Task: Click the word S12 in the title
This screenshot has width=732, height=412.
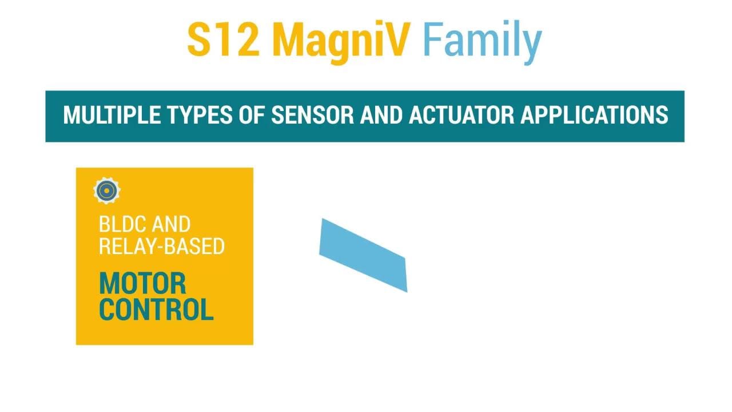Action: click(224, 39)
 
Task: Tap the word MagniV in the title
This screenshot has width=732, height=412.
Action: click(341, 42)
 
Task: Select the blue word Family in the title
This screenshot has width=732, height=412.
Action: click(482, 42)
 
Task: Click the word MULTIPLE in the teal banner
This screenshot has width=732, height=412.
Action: click(112, 115)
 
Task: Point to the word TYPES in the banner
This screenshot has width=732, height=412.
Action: click(200, 115)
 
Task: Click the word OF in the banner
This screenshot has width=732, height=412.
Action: click(252, 115)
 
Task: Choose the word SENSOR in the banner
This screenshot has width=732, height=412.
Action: click(312, 115)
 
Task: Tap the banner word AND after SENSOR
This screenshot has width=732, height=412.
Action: click(381, 115)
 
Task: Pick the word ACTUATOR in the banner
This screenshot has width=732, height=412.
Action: click(462, 115)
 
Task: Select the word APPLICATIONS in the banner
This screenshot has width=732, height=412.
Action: click(594, 115)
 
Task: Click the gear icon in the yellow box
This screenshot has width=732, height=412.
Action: click(107, 191)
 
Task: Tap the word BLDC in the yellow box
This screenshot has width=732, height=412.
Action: click(122, 224)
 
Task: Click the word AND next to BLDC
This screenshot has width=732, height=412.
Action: click(170, 224)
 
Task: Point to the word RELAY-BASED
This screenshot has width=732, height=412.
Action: click(162, 246)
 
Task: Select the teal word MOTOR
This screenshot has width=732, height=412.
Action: click(142, 283)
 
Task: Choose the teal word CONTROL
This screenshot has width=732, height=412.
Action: click(156, 309)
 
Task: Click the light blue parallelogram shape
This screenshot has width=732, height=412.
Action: click(363, 255)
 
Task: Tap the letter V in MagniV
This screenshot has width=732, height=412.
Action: click(397, 39)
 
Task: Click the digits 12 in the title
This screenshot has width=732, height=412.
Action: click(238, 39)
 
